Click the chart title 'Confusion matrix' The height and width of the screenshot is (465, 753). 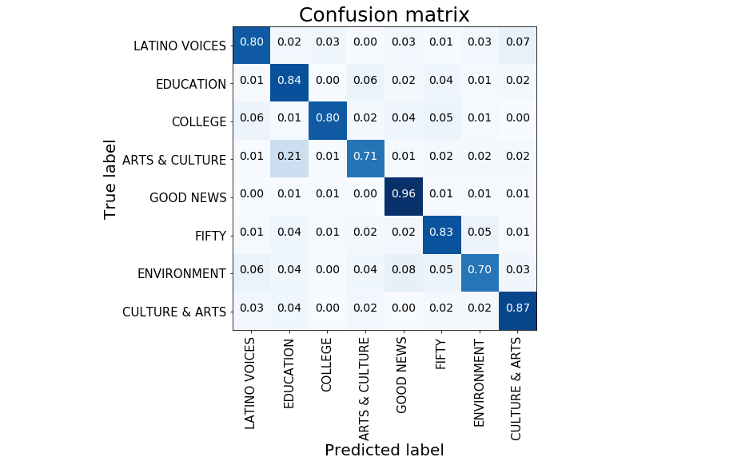click(x=384, y=14)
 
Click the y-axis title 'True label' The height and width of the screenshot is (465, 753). click(x=110, y=179)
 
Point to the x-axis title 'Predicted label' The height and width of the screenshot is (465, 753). click(x=384, y=450)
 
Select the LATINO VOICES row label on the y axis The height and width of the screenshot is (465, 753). click(x=180, y=46)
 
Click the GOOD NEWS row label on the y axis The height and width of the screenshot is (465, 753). click(x=188, y=197)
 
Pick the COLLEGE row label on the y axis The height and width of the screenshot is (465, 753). click(x=199, y=121)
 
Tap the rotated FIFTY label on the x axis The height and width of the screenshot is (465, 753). click(x=441, y=354)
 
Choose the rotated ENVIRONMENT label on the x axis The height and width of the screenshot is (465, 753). click(x=479, y=382)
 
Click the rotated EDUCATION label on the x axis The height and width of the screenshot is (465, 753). click(x=289, y=373)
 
